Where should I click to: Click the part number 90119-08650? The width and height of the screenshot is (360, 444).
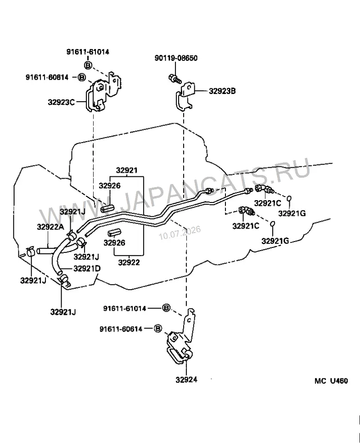pyautogui.click(x=175, y=58)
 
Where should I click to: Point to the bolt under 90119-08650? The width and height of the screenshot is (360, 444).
pyautogui.click(x=175, y=78)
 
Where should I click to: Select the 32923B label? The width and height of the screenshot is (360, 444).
pyautogui.click(x=222, y=91)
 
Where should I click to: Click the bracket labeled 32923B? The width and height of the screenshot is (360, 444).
pyautogui.click(x=184, y=95)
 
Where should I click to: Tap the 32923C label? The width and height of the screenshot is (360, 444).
pyautogui.click(x=61, y=102)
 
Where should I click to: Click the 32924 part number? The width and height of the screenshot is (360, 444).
pyautogui.click(x=186, y=380)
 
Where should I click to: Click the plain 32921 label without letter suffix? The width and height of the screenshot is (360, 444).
pyautogui.click(x=126, y=170)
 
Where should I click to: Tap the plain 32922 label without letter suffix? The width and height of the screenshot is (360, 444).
pyautogui.click(x=129, y=263)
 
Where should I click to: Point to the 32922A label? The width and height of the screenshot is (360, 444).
pyautogui.click(x=50, y=227)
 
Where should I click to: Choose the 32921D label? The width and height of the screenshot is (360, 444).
pyautogui.click(x=87, y=268)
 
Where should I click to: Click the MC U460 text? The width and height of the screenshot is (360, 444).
pyautogui.click(x=331, y=381)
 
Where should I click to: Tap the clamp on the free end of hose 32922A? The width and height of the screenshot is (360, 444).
pyautogui.click(x=31, y=251)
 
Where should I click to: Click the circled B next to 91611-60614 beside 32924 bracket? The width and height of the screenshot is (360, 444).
pyautogui.click(x=158, y=328)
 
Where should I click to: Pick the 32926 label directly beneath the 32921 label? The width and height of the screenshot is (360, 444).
pyautogui.click(x=110, y=186)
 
